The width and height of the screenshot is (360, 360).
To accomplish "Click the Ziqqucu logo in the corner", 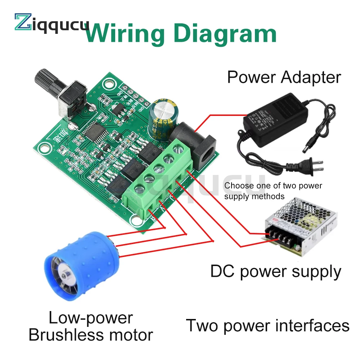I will [50, 22].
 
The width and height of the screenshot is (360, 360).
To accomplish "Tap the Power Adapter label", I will [284, 77].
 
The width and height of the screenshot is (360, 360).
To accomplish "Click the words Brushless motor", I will [90, 334].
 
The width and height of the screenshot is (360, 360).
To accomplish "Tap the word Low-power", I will [90, 318].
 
